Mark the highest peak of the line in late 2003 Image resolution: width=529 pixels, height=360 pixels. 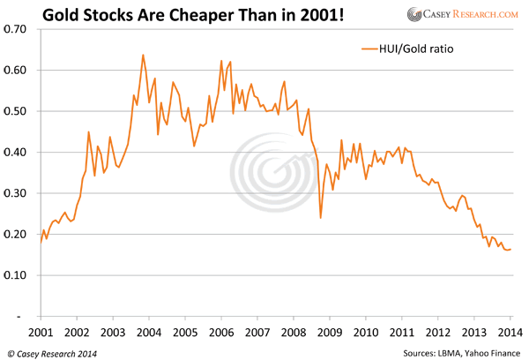[x=143, y=55]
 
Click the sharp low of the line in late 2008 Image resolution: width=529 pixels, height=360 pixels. [x=321, y=217]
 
